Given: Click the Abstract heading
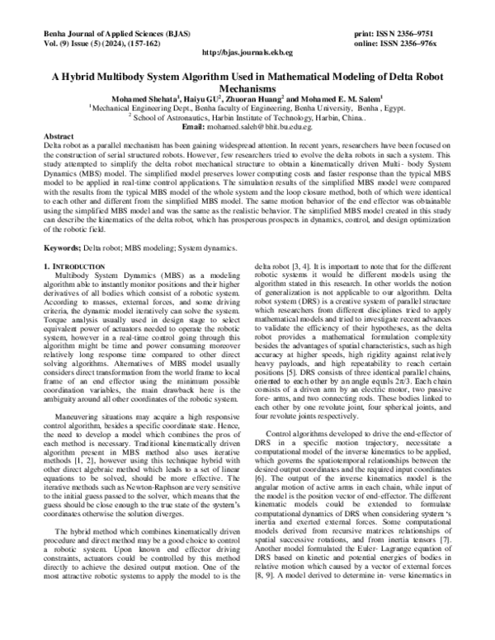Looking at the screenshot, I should pyautogui.click(x=59, y=135).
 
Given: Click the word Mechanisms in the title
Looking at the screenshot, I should pyautogui.click(x=247, y=85).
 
